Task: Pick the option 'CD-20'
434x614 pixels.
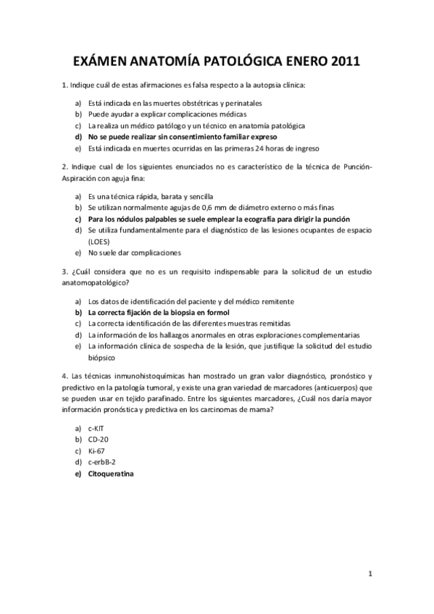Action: tap(98, 439)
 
